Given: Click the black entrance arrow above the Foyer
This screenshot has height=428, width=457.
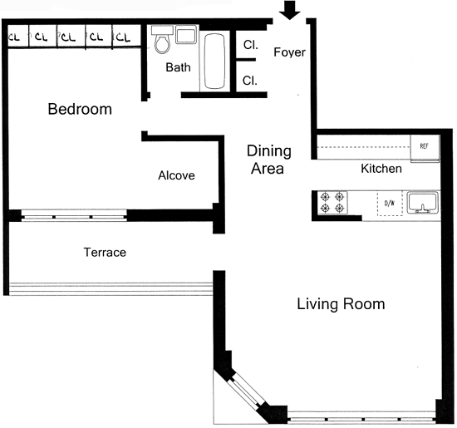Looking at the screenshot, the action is pyautogui.click(x=289, y=10).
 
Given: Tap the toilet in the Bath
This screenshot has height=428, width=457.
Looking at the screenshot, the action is pyautogui.click(x=162, y=40).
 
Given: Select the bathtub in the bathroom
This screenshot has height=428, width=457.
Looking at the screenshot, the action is pyautogui.click(x=214, y=61).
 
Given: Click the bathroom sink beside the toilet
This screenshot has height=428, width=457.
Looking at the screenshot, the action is pyautogui.click(x=185, y=34).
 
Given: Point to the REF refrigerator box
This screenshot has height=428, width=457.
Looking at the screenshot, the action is pyautogui.click(x=425, y=148).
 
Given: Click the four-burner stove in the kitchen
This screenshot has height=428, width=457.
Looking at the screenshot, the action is pyautogui.click(x=332, y=202).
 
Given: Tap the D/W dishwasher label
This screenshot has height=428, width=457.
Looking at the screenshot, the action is pyautogui.click(x=390, y=204).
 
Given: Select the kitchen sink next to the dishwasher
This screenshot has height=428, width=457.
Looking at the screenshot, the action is pyautogui.click(x=422, y=202).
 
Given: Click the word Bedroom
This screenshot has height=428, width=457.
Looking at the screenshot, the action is pyautogui.click(x=80, y=109).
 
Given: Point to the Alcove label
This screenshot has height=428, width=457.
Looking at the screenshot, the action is pyautogui.click(x=176, y=175).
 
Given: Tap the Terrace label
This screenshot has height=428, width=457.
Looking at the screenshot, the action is pyautogui.click(x=105, y=252).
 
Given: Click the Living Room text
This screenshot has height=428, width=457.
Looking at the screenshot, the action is pyautogui.click(x=341, y=304).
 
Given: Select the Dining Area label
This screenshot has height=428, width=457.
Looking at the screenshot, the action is pyautogui.click(x=268, y=160).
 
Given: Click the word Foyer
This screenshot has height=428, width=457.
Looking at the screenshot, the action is pyautogui.click(x=289, y=52).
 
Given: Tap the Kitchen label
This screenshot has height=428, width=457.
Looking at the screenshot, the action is pyautogui.click(x=381, y=169).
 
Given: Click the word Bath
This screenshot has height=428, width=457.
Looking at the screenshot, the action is pyautogui.click(x=178, y=67).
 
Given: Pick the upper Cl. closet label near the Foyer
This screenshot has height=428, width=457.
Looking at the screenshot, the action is pyautogui.click(x=251, y=45).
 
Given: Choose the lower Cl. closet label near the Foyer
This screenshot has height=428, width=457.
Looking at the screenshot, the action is pyautogui.click(x=250, y=81).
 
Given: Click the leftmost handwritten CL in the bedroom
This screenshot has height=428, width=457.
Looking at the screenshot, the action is pyautogui.click(x=15, y=37).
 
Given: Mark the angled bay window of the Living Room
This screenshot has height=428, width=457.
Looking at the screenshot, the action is pyautogui.click(x=246, y=390).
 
